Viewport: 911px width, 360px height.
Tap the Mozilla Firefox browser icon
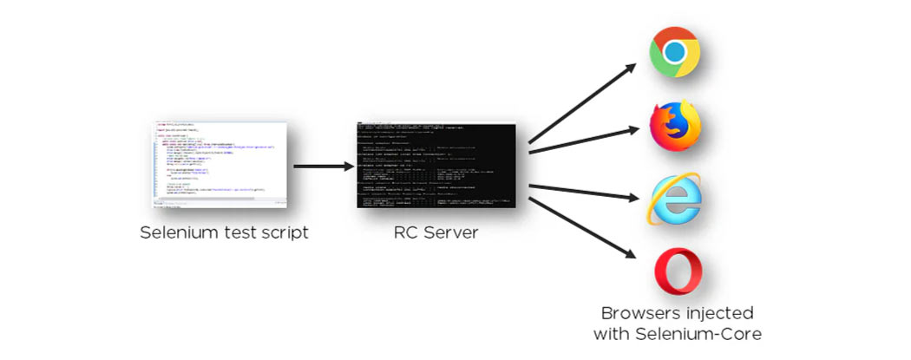point(674,126)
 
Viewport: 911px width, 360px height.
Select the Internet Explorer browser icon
point(673,199)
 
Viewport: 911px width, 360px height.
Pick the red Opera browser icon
point(677,271)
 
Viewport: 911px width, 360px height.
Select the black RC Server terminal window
point(436,165)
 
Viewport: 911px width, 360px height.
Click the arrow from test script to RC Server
point(320,165)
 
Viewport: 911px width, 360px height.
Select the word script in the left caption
point(285,233)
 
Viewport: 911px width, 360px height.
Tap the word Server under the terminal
point(449,233)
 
